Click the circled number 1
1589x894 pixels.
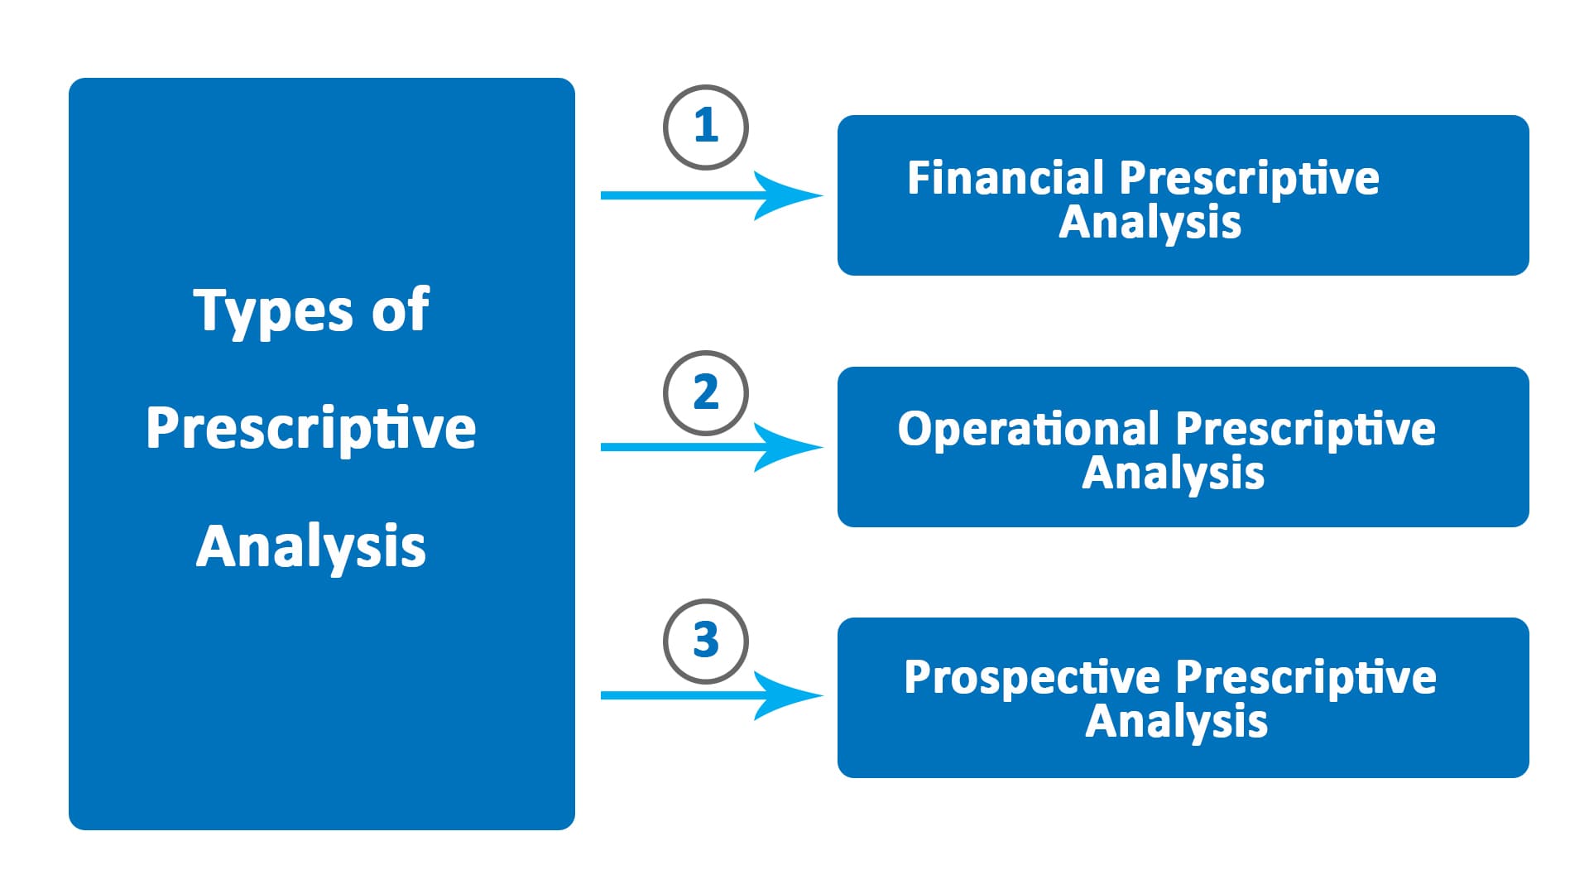pyautogui.click(x=705, y=127)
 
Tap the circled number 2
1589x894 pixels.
pyautogui.click(x=705, y=393)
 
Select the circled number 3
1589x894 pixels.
pyautogui.click(x=705, y=642)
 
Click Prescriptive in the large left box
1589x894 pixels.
pyautogui.click(x=311, y=429)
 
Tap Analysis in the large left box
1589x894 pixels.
pyautogui.click(x=311, y=546)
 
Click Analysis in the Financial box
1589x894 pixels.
pyautogui.click(x=1150, y=223)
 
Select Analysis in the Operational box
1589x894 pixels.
pyautogui.click(x=1173, y=473)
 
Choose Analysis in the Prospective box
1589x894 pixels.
pyautogui.click(x=1176, y=722)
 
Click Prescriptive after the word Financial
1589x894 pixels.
pyautogui.click(x=1249, y=178)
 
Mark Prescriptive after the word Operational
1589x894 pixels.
pyautogui.click(x=1305, y=429)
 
